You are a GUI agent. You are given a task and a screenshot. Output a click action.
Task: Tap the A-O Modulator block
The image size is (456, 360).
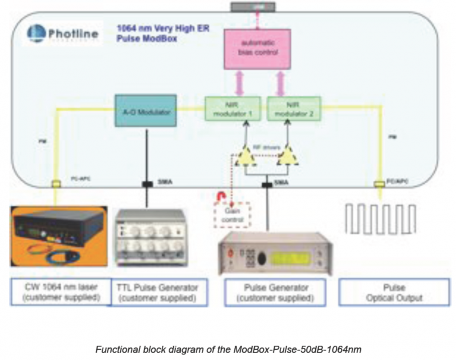(x=146, y=110)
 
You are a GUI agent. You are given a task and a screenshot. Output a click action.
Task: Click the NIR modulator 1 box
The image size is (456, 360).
(x=233, y=108)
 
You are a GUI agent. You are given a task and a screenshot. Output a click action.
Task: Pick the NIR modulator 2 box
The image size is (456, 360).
(x=294, y=108)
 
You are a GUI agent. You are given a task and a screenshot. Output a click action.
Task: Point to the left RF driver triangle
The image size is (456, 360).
(x=246, y=156)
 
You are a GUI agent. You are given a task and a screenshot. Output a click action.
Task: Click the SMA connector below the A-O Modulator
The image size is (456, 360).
(x=147, y=184)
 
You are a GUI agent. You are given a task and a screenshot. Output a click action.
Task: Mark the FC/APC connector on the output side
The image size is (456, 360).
(x=378, y=184)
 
